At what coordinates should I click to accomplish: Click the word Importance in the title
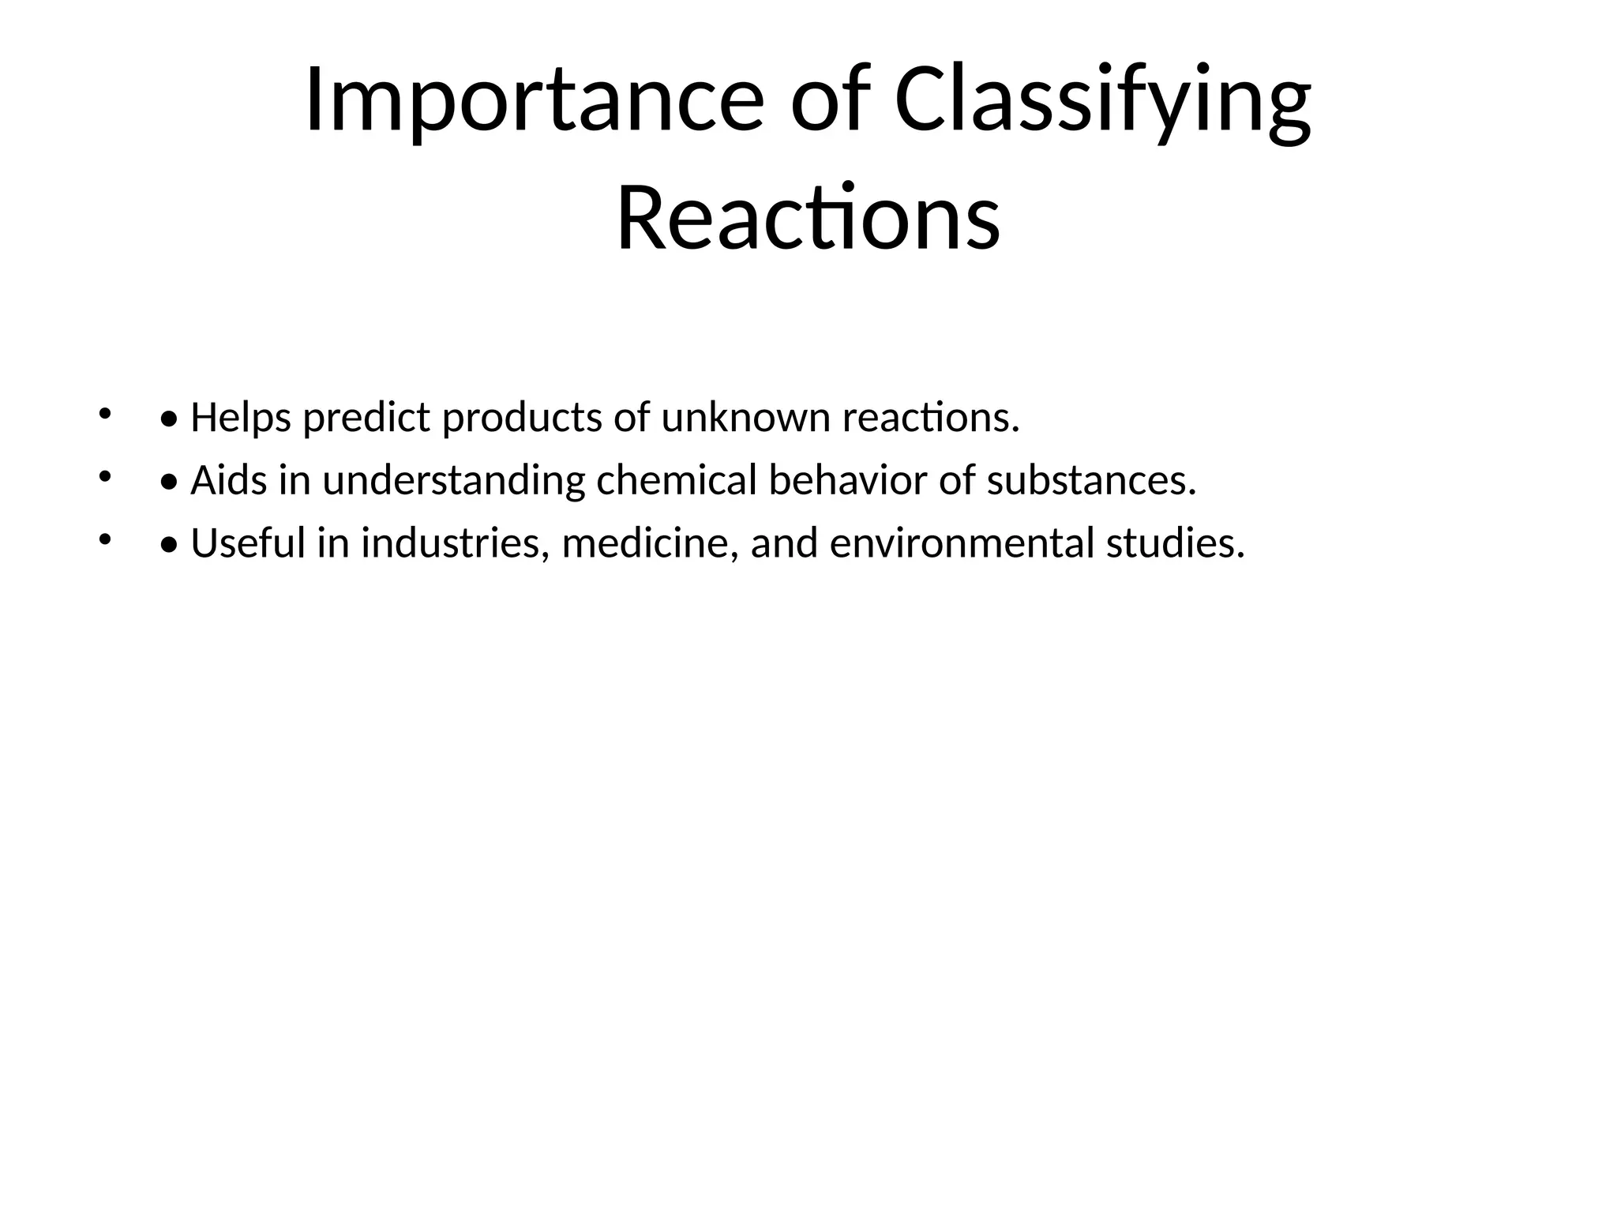tap(534, 101)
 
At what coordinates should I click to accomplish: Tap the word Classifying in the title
tap(1102, 101)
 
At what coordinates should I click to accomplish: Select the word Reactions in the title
tap(808, 218)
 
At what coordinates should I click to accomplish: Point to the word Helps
tap(241, 418)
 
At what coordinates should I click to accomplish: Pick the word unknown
tap(745, 418)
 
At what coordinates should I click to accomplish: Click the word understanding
tap(454, 480)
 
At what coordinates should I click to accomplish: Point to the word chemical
tap(677, 480)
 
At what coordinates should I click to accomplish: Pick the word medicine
tap(650, 543)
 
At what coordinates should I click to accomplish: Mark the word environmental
tap(962, 543)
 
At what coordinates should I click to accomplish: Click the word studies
tap(1175, 543)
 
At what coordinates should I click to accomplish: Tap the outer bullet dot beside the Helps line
tap(103, 413)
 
